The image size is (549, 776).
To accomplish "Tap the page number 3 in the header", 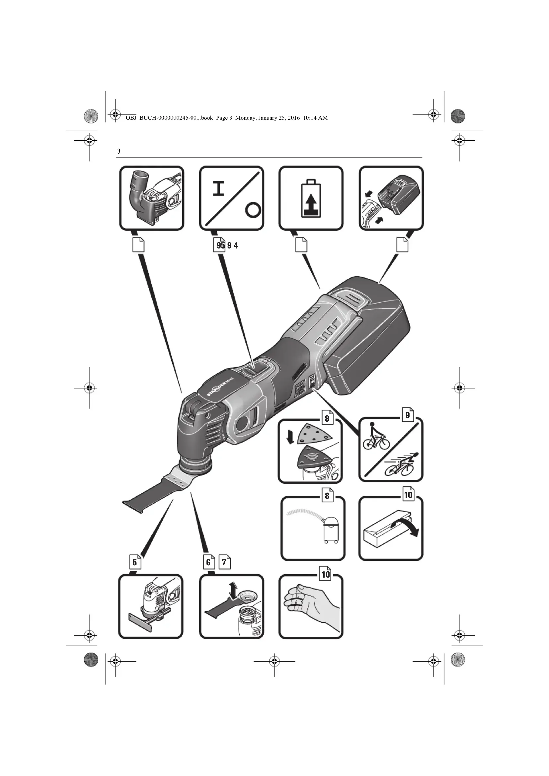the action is coord(118,151).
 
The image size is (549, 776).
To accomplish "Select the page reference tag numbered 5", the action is coord(135,562).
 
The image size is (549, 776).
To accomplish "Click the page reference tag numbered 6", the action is coord(208,562).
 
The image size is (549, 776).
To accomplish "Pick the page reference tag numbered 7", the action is coord(224,562).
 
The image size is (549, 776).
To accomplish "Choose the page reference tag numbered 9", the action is coord(408,415).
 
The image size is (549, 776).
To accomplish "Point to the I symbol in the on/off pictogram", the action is coord(219,188).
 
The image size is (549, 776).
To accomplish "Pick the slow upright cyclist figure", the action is coord(375,436).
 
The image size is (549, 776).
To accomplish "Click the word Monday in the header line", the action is coord(246,118).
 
